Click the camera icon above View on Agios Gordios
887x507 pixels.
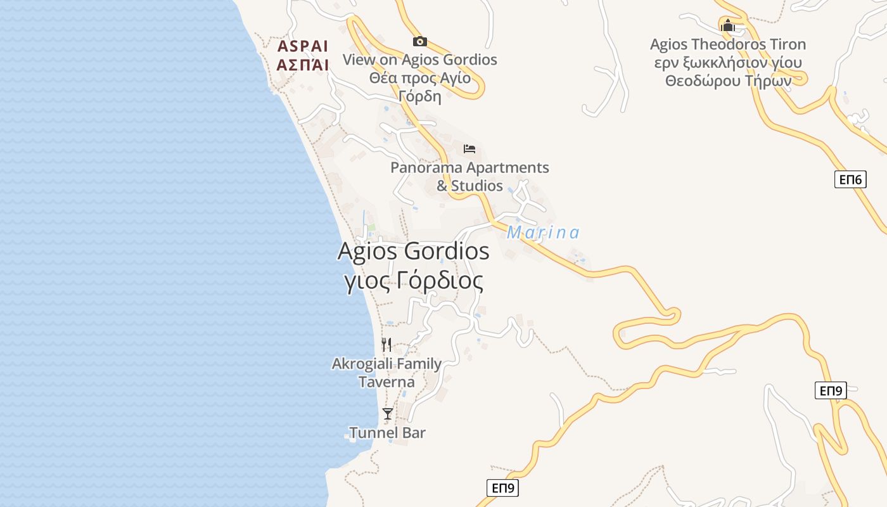(419, 42)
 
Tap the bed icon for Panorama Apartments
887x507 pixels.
(469, 149)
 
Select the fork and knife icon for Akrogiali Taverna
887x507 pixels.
(386, 344)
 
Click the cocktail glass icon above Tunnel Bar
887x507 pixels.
(387, 414)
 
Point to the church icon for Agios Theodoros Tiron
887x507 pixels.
(727, 25)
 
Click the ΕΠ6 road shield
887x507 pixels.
(850, 180)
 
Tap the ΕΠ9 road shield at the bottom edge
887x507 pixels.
(502, 488)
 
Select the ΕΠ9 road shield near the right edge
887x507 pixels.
(831, 390)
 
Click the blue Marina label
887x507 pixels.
(543, 233)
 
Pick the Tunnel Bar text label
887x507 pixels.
(387, 433)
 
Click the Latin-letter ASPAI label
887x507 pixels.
(303, 46)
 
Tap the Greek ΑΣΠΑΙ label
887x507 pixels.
(303, 65)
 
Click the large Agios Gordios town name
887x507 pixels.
(413, 251)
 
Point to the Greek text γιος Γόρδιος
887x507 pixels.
(413, 280)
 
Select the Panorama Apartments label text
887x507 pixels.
(469, 168)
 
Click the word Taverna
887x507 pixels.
(386, 382)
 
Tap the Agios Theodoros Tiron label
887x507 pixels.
(728, 44)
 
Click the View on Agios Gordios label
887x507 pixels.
(419, 60)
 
